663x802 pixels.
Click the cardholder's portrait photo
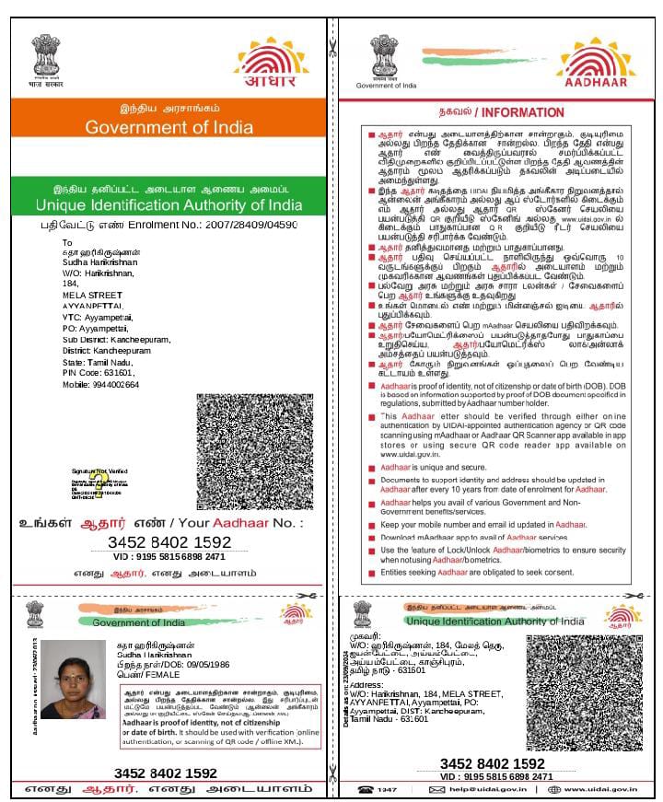[73, 679]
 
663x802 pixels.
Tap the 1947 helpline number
[387, 790]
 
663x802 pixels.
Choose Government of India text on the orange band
[169, 127]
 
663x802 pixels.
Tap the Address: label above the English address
[366, 685]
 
